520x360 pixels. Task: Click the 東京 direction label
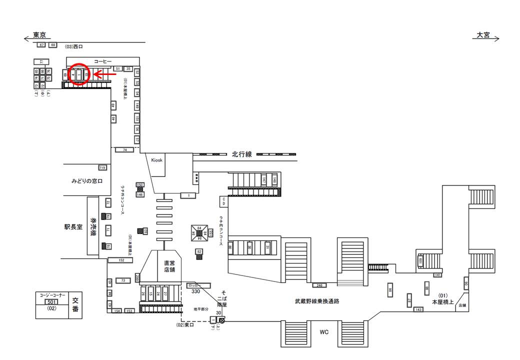39,35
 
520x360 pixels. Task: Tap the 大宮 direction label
483,35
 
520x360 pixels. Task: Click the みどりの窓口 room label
86,180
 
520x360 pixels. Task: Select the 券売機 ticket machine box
93,226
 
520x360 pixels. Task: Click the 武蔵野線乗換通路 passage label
317,301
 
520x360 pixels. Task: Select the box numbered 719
102,167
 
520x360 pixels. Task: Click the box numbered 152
121,260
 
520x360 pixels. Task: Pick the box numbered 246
318,285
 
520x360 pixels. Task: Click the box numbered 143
419,310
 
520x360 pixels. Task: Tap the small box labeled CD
224,201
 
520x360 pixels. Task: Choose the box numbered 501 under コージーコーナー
51,302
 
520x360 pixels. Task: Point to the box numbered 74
124,149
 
